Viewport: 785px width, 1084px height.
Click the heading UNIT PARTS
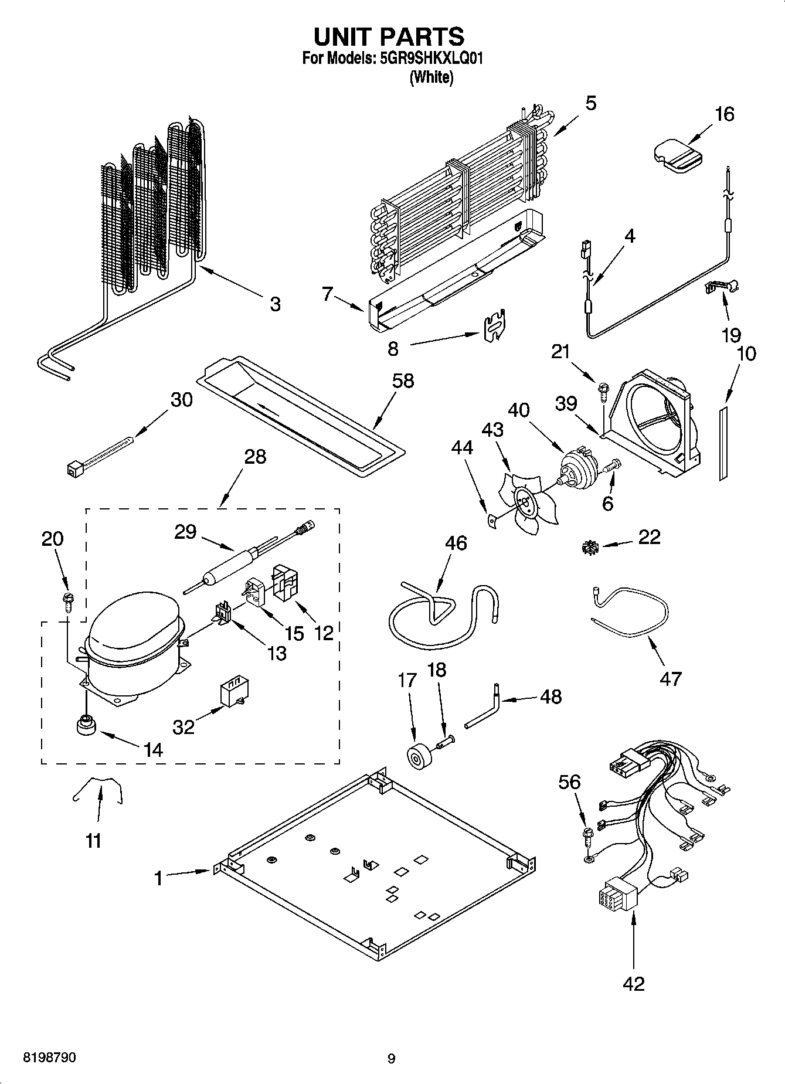[389, 36]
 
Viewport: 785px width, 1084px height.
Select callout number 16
[725, 114]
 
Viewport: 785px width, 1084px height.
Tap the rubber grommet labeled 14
[86, 726]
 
